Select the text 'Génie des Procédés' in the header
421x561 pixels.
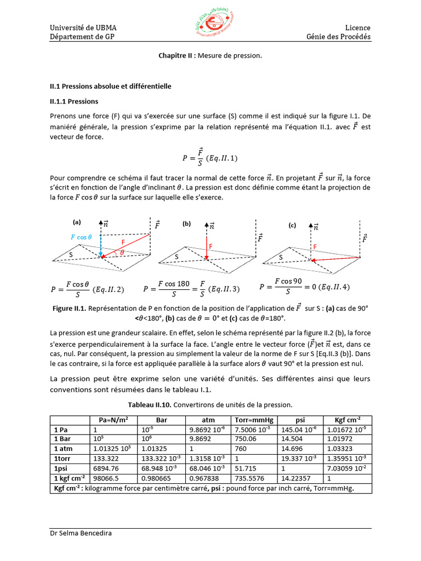pyautogui.click(x=338, y=37)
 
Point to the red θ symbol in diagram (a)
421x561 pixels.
pyautogui.click(x=122, y=253)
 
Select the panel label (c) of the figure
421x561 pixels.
pyautogui.click(x=292, y=225)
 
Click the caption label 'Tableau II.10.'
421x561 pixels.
pyautogui.click(x=151, y=404)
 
